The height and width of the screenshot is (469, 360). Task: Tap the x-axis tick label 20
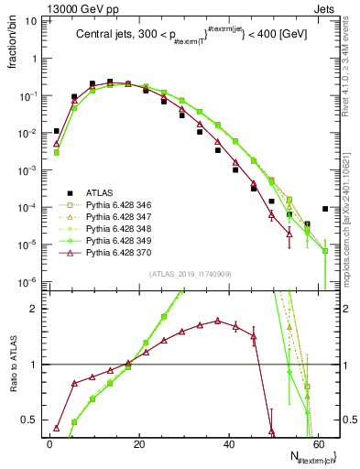(x=139, y=443)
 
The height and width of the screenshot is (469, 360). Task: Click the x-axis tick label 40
(x=229, y=443)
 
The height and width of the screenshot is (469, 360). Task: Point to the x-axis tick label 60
(x=319, y=443)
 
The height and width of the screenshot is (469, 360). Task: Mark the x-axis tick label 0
(x=49, y=443)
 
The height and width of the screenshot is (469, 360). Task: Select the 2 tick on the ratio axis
(x=38, y=309)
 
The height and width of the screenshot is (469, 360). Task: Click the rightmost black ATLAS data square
(x=325, y=209)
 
